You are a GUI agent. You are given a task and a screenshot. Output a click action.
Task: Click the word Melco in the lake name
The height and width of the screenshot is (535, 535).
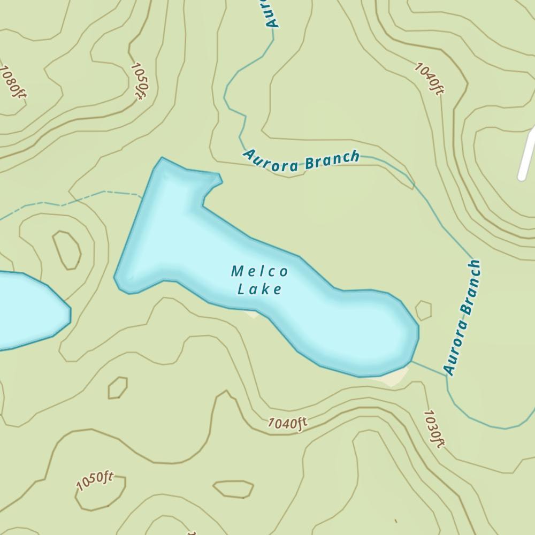259,272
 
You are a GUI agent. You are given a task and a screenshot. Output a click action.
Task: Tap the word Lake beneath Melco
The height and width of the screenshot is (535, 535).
259,289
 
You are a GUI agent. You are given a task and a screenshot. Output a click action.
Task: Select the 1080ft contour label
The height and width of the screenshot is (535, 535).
13,82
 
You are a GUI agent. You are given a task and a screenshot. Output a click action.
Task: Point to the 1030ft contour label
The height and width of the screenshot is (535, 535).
434,429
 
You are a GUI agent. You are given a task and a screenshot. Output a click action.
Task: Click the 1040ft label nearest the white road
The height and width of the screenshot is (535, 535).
429,79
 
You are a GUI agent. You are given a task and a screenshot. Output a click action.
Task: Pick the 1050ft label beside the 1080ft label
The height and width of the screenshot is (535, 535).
139,81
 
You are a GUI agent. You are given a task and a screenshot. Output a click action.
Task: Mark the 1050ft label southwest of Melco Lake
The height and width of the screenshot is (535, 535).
95,481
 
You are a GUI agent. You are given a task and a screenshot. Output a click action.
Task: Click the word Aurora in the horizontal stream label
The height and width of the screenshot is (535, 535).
271,162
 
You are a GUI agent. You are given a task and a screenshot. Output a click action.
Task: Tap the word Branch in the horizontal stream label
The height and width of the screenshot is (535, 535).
332,160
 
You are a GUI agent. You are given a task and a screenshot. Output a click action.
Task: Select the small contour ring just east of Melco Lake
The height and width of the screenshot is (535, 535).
423,310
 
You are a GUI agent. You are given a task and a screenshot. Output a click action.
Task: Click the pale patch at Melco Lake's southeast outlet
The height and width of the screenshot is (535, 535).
394,378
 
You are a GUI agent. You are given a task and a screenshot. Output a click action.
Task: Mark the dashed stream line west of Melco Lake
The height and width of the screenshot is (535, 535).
80,199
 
